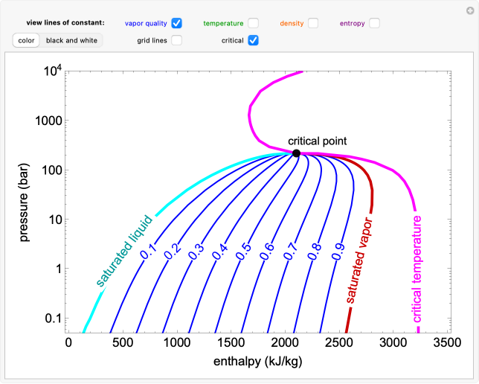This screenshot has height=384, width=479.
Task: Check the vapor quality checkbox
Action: tap(176, 23)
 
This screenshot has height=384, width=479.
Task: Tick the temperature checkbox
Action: tap(254, 23)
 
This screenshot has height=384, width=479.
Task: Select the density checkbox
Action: tap(313, 23)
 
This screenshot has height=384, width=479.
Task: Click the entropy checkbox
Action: tap(374, 23)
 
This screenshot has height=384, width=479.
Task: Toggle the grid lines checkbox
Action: tap(176, 40)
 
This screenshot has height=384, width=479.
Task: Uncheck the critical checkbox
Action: tap(254, 40)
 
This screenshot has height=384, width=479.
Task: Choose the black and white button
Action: tap(72, 40)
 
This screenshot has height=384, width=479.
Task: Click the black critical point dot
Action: tap(296, 153)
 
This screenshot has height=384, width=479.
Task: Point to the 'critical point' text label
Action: tap(318, 141)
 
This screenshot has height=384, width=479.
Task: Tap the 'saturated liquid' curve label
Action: tap(123, 252)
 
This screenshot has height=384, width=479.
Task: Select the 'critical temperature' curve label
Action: tap(417, 269)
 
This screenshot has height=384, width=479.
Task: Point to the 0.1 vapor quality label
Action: tap(148, 253)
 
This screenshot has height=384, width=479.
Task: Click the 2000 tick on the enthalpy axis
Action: tap(284, 343)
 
